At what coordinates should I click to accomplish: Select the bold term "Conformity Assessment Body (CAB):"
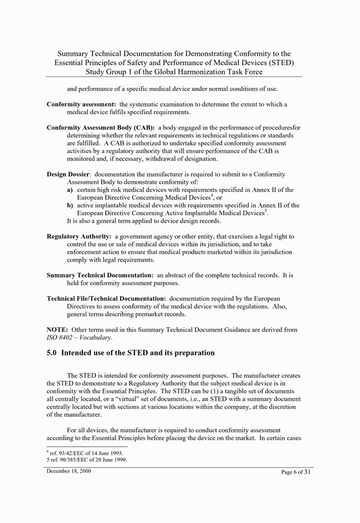101,127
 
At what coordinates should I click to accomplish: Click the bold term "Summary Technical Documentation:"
100,275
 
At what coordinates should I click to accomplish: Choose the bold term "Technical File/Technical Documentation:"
106,299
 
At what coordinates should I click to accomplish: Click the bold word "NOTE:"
57,330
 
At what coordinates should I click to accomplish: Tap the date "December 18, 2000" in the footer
69,472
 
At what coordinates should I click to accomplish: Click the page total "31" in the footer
307,472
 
